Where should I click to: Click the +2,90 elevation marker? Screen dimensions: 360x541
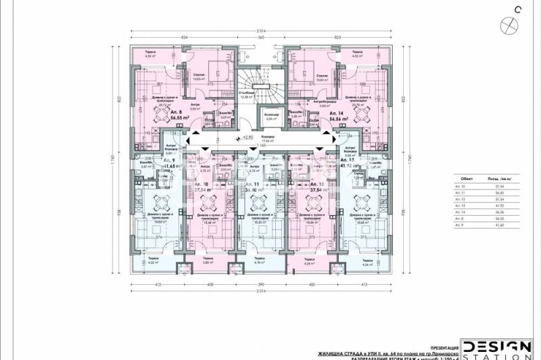pyautogui.click(x=248, y=137)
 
